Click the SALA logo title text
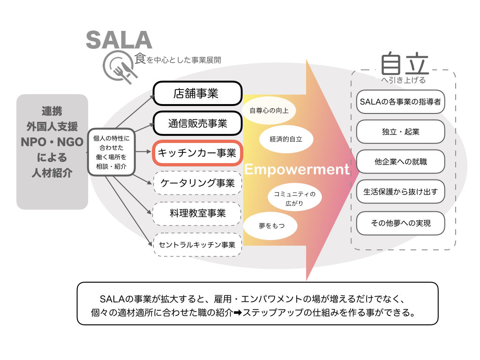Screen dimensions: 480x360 click(119, 40)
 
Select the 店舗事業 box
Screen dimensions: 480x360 click(197, 93)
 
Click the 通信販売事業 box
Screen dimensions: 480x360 click(197, 123)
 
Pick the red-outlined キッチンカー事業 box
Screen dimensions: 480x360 click(197, 153)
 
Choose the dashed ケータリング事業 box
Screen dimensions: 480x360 click(197, 183)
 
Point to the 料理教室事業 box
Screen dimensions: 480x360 click(197, 213)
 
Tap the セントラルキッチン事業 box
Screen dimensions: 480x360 click(197, 245)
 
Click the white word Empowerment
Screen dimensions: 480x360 click(297, 169)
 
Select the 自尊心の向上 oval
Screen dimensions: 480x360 click(269, 111)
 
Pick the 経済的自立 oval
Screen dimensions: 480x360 click(286, 139)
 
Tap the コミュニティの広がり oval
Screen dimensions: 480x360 click(294, 198)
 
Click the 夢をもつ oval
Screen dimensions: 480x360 click(270, 226)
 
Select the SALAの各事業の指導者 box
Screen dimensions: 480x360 click(400, 102)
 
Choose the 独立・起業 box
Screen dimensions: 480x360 click(400, 132)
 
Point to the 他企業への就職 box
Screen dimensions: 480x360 click(400, 162)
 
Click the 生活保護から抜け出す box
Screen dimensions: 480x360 click(400, 192)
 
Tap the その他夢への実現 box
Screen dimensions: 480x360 click(400, 223)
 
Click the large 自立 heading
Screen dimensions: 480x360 click(405, 64)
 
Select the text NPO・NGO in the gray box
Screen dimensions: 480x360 click(52, 142)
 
